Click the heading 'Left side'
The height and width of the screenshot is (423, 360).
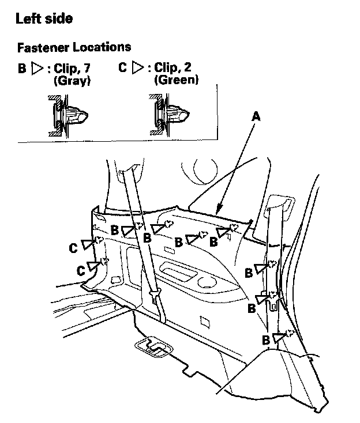tap(44, 18)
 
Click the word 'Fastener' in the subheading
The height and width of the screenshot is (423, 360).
tap(43, 47)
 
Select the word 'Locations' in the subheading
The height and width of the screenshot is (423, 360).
tap(102, 47)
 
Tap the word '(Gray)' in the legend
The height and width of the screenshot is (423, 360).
tap(72, 81)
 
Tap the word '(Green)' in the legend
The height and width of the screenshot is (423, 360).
tap(176, 80)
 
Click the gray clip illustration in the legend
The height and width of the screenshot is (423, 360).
tap(67, 116)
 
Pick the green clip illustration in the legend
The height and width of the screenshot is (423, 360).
tap(169, 115)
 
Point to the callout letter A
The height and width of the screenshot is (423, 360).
tap(256, 116)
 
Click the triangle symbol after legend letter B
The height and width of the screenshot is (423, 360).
tap(37, 68)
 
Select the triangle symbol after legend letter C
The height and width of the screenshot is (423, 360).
tap(138, 67)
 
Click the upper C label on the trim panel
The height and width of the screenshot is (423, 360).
tap(73, 248)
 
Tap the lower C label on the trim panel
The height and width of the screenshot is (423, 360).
tap(81, 271)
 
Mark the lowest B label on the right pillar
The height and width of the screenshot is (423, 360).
tap(266, 340)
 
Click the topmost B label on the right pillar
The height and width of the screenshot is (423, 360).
tap(249, 273)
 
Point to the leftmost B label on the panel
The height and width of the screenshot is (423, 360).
tap(115, 230)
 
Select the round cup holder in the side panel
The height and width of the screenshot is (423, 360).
tap(207, 282)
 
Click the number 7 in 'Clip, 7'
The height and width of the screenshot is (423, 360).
tap(87, 68)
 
